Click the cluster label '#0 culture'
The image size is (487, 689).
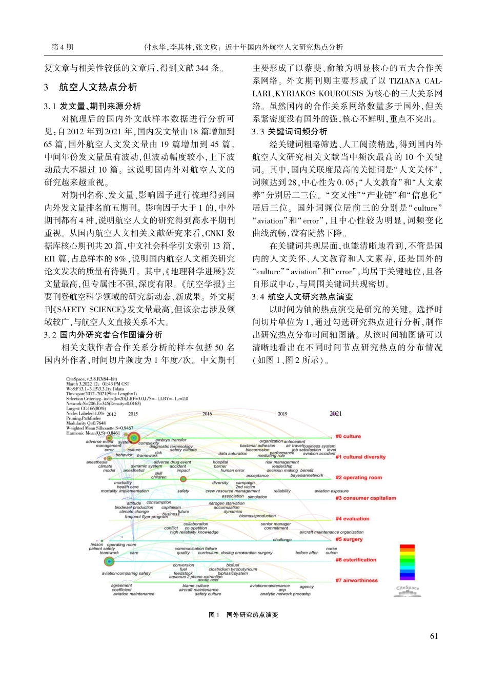(x=348, y=436)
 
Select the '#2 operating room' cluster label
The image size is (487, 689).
(x=358, y=477)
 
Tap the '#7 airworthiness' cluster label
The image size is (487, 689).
(x=356, y=580)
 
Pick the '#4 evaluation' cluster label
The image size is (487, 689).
(x=352, y=518)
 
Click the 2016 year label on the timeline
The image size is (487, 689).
(x=207, y=414)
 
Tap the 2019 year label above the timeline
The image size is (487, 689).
(x=282, y=414)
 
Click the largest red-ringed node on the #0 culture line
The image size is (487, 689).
(x=133, y=438)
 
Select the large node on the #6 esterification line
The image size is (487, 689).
(x=109, y=562)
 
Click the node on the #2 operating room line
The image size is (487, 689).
(x=183, y=479)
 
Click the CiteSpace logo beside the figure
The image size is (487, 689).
(x=407, y=591)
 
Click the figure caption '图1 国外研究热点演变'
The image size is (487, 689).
(x=243, y=615)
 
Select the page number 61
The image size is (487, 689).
(x=434, y=636)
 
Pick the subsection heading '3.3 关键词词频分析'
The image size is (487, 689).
(x=289, y=132)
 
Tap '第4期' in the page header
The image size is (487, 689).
(x=62, y=47)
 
